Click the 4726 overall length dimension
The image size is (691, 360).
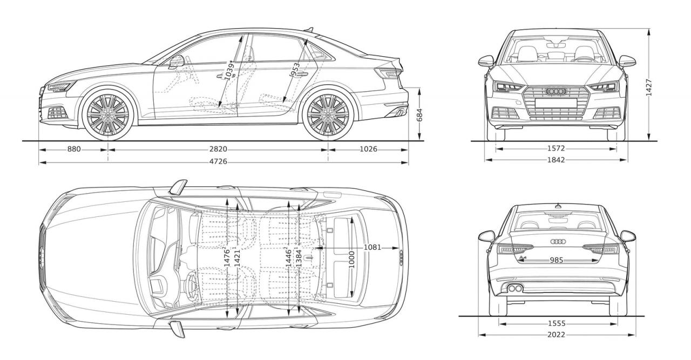(218, 161)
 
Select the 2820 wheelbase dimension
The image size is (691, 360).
(218, 149)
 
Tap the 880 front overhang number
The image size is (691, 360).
(74, 149)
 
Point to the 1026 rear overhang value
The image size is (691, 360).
(367, 149)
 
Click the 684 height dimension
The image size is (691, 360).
(419, 114)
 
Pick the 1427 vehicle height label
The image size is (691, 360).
(649, 86)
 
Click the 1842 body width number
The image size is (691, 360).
(556, 160)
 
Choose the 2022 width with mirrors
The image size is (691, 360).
(556, 335)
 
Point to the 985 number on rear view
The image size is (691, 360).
(557, 260)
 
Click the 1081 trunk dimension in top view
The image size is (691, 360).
(372, 247)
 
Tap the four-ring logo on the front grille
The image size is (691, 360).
(555, 91)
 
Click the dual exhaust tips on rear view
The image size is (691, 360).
(515, 288)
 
